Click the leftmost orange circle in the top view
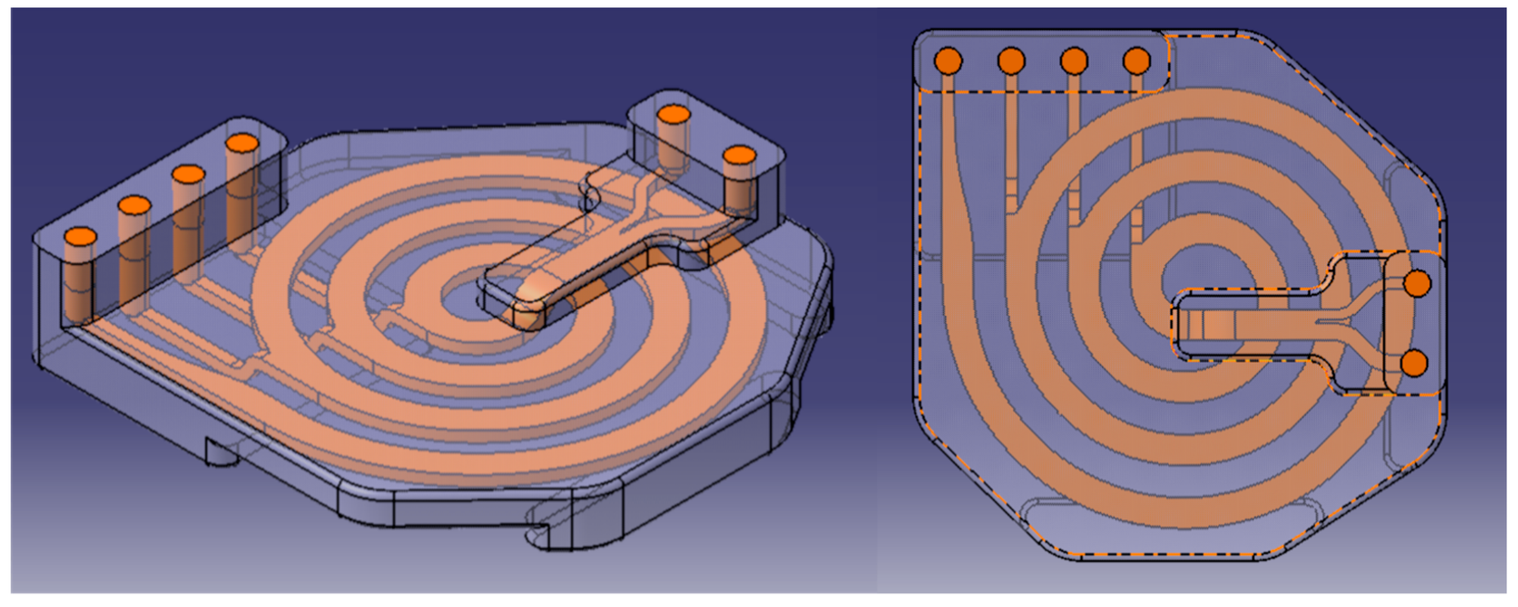coord(948,61)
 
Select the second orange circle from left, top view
coord(1011,61)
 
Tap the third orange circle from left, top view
coord(1074,61)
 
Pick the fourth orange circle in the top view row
coord(1137,61)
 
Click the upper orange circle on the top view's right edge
coord(1417,283)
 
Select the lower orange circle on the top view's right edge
coord(1414,363)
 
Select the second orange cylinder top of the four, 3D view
coord(134,205)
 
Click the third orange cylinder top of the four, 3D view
coord(188,174)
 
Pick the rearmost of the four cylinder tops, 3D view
coord(242,143)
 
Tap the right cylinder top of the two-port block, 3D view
coord(740,156)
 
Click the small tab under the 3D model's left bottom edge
coord(221,453)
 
